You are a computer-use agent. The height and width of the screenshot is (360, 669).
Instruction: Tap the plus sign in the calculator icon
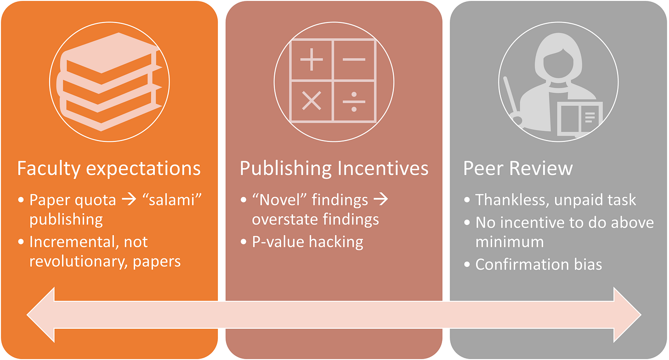312,60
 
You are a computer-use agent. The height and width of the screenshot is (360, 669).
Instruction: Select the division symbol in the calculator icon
354,101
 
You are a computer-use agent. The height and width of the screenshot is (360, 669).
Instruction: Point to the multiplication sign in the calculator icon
312,101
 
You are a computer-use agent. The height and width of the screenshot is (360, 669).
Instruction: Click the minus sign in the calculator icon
354,60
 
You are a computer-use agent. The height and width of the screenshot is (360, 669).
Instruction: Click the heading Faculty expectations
109,168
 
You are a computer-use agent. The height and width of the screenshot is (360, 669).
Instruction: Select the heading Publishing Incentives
334,168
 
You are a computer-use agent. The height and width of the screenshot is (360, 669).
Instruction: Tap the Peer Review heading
518,168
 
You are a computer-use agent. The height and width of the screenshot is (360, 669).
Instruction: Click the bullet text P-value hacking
307,242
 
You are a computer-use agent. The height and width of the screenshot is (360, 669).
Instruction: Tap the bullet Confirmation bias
539,264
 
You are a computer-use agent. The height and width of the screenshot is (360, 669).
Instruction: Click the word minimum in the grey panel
509,242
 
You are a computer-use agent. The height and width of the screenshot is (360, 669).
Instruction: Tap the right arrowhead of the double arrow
627,315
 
